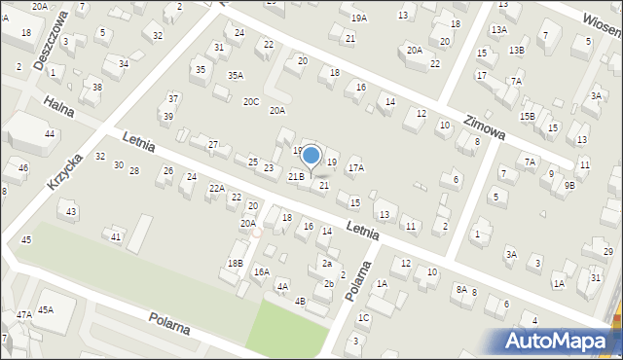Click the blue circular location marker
tap(311, 155)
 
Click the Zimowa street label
tap(483, 124)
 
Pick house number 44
tap(49, 133)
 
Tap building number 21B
tap(296, 176)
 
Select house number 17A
tap(356, 167)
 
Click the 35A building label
tap(236, 75)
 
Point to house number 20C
tap(251, 101)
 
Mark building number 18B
tap(235, 263)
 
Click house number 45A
tap(46, 309)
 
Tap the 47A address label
tap(23, 314)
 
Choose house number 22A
tap(216, 188)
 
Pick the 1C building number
tap(363, 317)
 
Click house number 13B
tap(516, 50)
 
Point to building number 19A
tap(359, 18)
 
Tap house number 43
tap(69, 211)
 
